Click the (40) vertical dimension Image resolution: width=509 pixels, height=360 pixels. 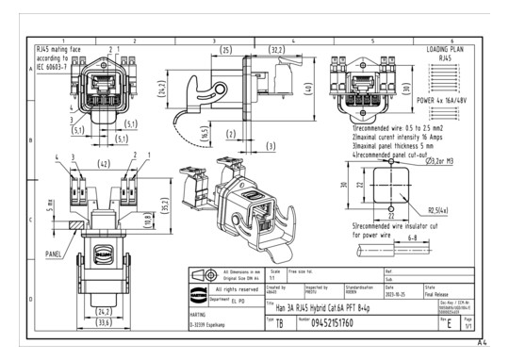click(x=307, y=90)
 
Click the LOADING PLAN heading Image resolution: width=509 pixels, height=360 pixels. click(x=450, y=48)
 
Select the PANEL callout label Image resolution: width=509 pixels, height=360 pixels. click(x=57, y=253)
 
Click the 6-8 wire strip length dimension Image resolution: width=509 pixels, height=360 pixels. click(x=386, y=238)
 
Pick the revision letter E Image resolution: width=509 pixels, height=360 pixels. click(x=448, y=322)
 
